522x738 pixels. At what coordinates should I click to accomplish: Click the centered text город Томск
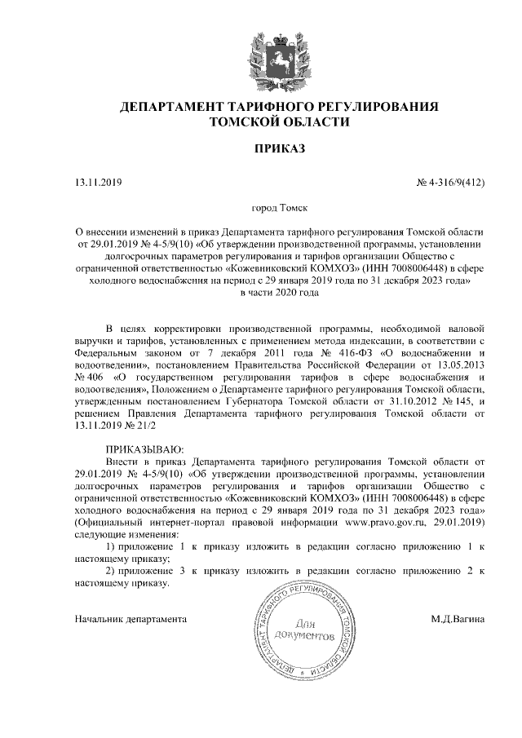(x=280, y=209)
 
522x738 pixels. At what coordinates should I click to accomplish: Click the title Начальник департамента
(x=130, y=619)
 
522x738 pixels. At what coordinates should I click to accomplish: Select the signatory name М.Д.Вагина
(x=458, y=619)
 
